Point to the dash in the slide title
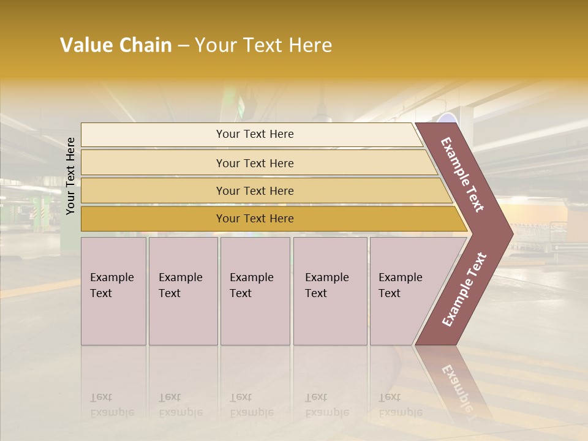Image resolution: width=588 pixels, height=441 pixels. [x=183, y=46]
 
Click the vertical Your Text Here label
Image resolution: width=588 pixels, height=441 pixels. [x=70, y=176]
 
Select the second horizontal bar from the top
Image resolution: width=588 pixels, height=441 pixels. [x=254, y=163]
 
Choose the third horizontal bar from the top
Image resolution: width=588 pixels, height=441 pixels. [x=254, y=190]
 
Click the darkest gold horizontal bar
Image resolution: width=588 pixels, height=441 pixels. [x=254, y=219]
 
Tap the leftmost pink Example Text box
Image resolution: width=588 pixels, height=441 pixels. [x=113, y=291]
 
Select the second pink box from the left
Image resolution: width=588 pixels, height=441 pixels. [x=183, y=291]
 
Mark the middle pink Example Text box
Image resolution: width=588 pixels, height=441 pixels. [x=255, y=291]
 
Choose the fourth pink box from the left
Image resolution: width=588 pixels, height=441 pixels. [x=330, y=291]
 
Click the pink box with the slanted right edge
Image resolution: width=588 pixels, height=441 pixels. [x=404, y=291]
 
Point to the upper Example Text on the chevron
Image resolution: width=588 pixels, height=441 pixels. [x=462, y=175]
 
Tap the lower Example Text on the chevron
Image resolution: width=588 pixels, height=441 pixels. [x=464, y=289]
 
